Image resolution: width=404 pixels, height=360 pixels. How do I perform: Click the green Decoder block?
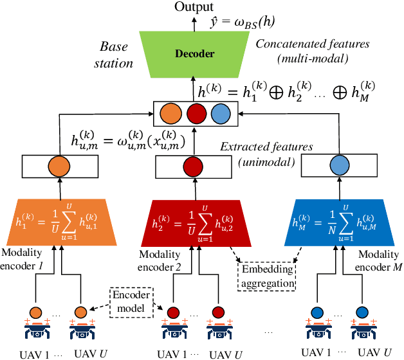point(196,55)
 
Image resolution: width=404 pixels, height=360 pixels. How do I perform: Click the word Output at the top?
point(196,7)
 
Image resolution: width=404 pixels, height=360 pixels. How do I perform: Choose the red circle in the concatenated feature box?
point(195,114)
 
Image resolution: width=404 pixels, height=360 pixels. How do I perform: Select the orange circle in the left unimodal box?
point(59,166)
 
